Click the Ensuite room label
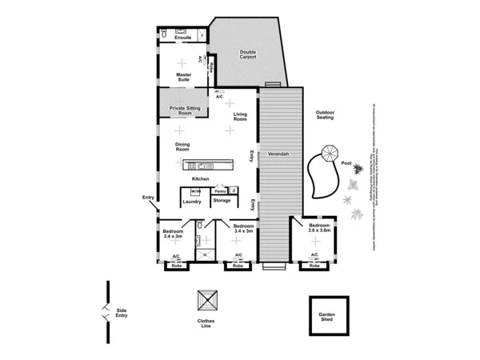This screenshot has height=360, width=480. [182, 38]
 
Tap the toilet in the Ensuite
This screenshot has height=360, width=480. [163, 34]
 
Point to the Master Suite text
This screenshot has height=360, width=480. [183, 78]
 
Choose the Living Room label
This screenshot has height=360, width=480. [241, 117]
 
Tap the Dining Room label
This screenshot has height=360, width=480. [182, 147]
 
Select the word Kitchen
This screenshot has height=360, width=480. [200, 178]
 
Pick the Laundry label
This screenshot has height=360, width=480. [192, 202]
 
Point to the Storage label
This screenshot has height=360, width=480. [222, 202]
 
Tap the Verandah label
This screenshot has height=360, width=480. [278, 153]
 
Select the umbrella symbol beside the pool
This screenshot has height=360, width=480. [329, 151]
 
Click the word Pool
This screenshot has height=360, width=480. [346, 163]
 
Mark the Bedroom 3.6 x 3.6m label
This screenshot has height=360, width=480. [319, 229]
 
